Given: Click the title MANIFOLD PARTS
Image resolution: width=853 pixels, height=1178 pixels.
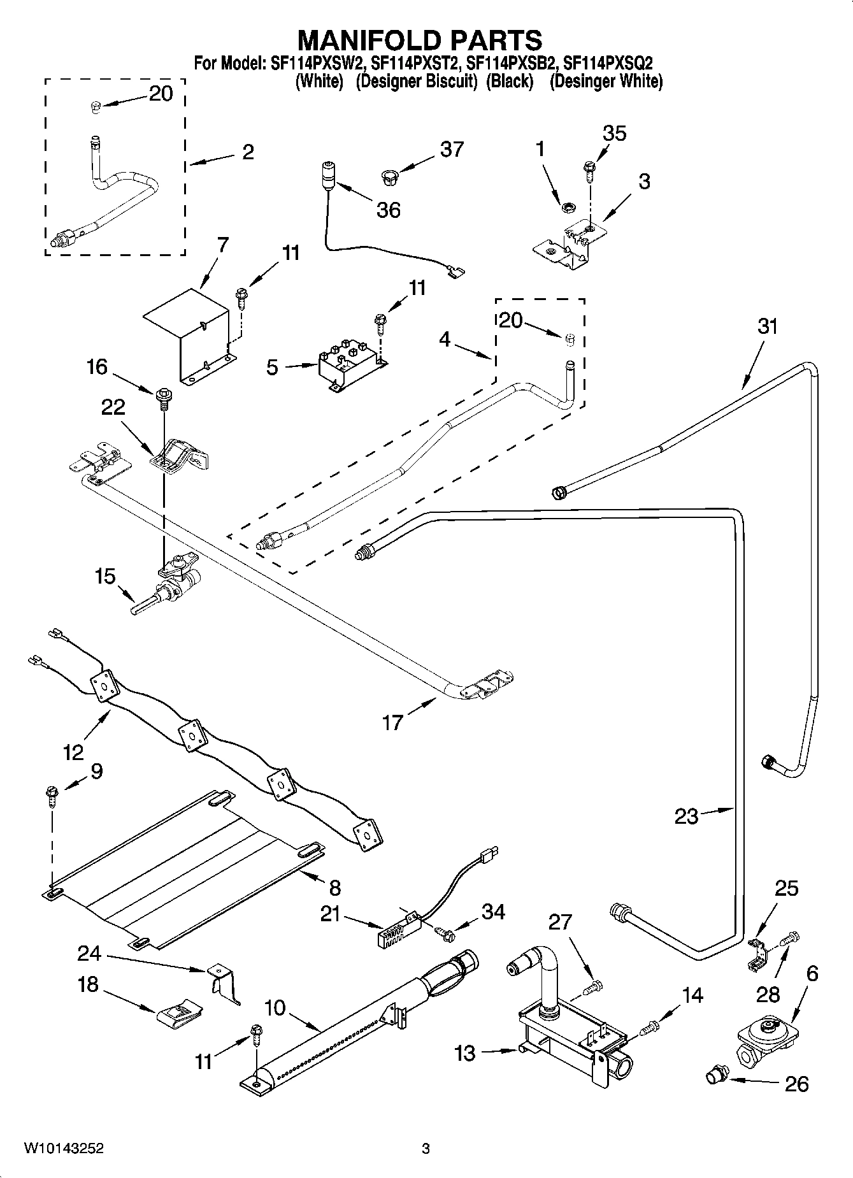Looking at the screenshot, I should [420, 40].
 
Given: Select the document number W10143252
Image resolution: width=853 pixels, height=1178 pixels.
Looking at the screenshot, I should [64, 1148].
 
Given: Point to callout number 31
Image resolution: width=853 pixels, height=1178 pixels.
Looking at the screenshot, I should [768, 327].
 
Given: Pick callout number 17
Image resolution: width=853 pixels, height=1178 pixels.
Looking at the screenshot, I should [392, 722].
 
